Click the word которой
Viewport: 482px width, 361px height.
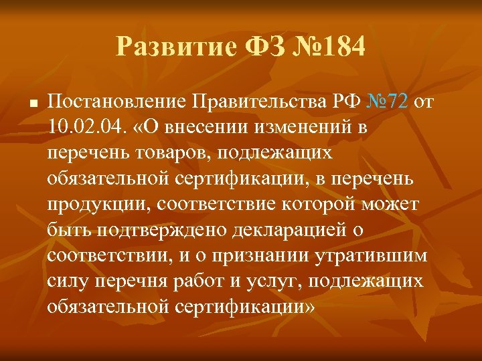click(x=315, y=205)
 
